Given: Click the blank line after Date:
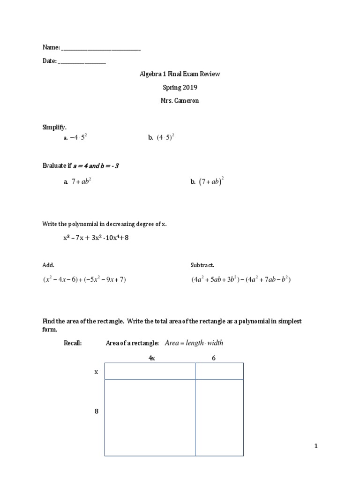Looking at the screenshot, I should click(x=82, y=62).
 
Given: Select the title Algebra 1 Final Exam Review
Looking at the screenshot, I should click(x=180, y=74).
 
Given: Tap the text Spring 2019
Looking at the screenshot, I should click(x=180, y=87).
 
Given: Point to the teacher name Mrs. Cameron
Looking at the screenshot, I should click(x=180, y=101).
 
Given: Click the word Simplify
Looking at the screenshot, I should click(x=54, y=127).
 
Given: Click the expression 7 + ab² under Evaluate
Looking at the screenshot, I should click(x=81, y=182).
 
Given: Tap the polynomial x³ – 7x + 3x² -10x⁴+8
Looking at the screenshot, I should click(x=96, y=238).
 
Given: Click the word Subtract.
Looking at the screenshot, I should click(x=202, y=265).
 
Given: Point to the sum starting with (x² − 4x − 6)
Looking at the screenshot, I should click(x=85, y=279).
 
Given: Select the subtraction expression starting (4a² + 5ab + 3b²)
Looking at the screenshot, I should click(x=241, y=279).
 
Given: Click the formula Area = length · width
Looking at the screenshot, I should click(x=194, y=343).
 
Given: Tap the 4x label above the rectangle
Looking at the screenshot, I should click(x=151, y=358).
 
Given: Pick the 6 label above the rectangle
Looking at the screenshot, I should click(x=214, y=358).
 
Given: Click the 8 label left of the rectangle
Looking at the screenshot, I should click(x=97, y=412).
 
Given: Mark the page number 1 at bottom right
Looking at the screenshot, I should click(x=316, y=446).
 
